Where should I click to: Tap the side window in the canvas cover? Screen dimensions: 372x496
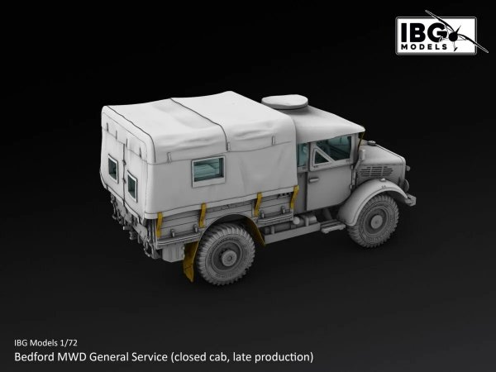pos(208,169)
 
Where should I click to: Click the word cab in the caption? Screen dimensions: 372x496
pos(218,357)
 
